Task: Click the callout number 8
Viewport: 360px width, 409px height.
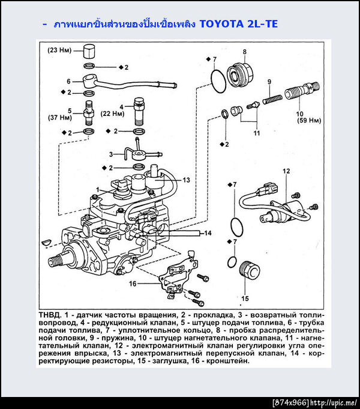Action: pos(245,52)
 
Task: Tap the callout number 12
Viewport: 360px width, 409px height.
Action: pos(286,171)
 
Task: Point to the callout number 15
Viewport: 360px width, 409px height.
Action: pos(245,298)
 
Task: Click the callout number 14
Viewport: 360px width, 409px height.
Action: pos(208,232)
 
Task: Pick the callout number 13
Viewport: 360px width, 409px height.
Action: pos(186,180)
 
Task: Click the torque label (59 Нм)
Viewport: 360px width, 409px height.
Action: pos(309,121)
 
